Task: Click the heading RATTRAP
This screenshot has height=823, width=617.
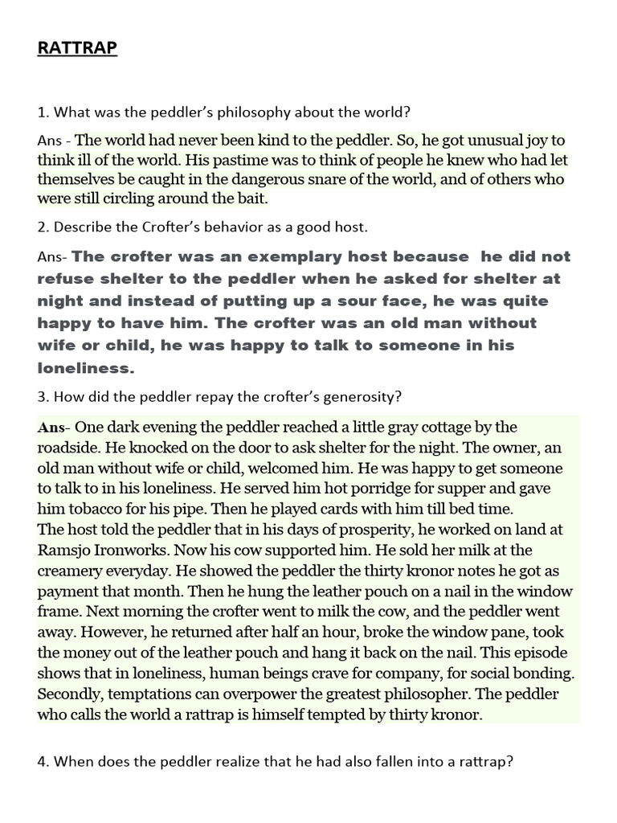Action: coord(77,49)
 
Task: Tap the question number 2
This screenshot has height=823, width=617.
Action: coord(42,227)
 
